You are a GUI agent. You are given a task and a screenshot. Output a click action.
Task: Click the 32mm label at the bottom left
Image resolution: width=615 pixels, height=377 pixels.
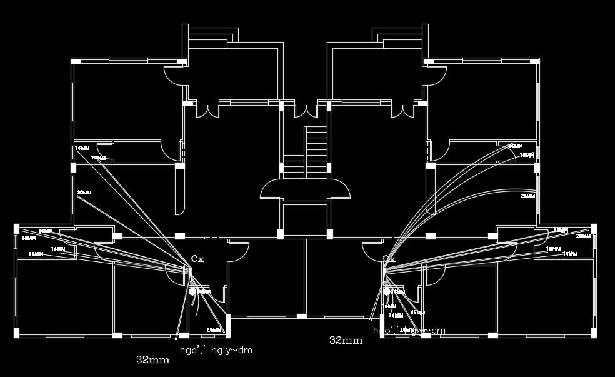click(x=152, y=360)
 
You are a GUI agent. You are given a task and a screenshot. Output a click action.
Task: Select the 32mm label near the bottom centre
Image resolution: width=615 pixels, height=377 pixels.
click(x=346, y=341)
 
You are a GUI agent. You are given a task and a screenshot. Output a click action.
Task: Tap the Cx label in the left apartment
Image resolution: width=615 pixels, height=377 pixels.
click(x=197, y=258)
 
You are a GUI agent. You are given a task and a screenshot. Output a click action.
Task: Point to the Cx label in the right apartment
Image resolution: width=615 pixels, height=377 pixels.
click(x=389, y=258)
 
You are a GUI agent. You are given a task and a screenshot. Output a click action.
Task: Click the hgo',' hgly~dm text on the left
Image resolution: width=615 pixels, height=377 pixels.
click(x=216, y=350)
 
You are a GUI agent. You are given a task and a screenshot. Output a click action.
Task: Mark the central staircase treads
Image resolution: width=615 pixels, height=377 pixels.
click(x=316, y=153)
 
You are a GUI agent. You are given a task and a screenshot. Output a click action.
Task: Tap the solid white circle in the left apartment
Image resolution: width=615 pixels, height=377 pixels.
click(x=193, y=291)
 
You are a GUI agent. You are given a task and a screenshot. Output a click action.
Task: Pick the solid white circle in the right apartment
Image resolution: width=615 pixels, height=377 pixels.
click(x=387, y=291)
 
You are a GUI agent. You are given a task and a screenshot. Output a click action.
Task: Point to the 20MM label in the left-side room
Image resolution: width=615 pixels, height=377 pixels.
click(x=84, y=193)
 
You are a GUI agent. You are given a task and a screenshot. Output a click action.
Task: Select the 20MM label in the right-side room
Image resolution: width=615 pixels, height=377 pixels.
click(x=527, y=196)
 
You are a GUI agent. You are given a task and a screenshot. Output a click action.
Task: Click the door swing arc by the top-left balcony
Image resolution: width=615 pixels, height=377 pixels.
click(x=172, y=75)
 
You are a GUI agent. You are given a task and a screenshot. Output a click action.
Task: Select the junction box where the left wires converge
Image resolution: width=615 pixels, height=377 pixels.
click(x=186, y=270)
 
